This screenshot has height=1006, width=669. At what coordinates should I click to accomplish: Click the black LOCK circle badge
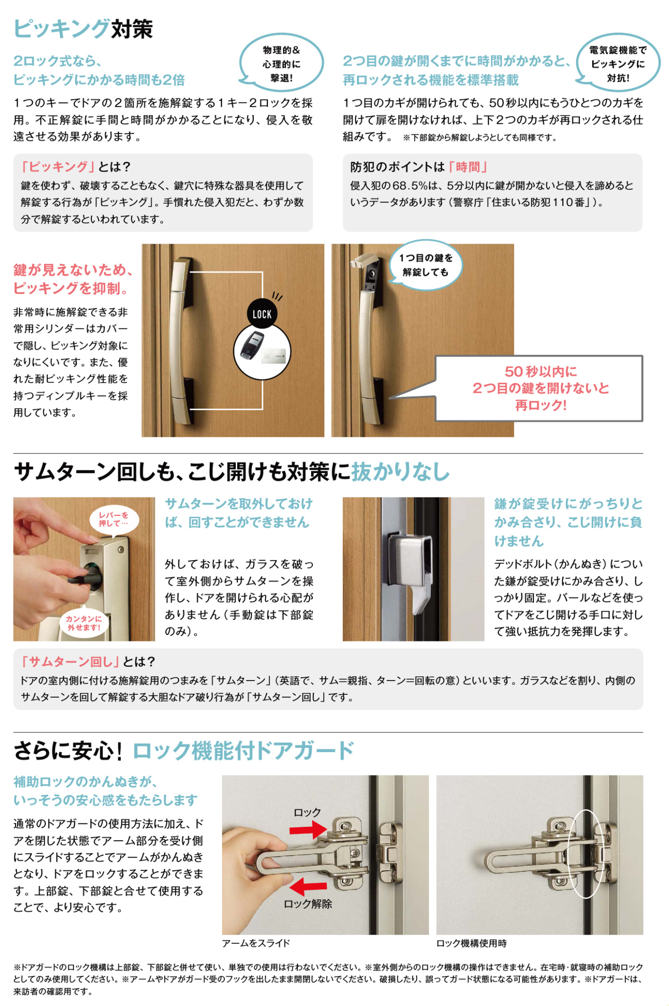click(262, 314)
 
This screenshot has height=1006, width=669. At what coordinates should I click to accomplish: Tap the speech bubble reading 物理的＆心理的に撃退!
click(281, 63)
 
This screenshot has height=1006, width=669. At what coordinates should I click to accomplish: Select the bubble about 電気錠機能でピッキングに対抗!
click(618, 63)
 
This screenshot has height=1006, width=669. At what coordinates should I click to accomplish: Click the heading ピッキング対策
click(83, 28)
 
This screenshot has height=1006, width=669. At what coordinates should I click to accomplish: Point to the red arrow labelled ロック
click(308, 829)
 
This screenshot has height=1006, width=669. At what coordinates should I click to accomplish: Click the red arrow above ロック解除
click(308, 886)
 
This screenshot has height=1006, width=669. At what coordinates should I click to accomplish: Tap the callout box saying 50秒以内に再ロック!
click(539, 389)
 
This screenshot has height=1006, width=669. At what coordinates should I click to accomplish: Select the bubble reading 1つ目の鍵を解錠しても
click(425, 265)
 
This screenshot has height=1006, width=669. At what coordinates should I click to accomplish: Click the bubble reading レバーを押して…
click(113, 520)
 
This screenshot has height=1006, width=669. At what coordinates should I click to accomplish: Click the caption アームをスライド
click(256, 943)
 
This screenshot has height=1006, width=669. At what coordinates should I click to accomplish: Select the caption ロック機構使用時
click(471, 943)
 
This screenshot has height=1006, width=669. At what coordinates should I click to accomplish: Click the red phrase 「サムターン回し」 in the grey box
click(70, 662)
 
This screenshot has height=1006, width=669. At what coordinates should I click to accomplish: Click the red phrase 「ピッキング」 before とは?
click(58, 167)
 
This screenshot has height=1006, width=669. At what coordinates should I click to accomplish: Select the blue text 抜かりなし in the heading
click(401, 472)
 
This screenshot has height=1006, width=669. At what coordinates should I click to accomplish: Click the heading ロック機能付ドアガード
click(243, 751)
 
